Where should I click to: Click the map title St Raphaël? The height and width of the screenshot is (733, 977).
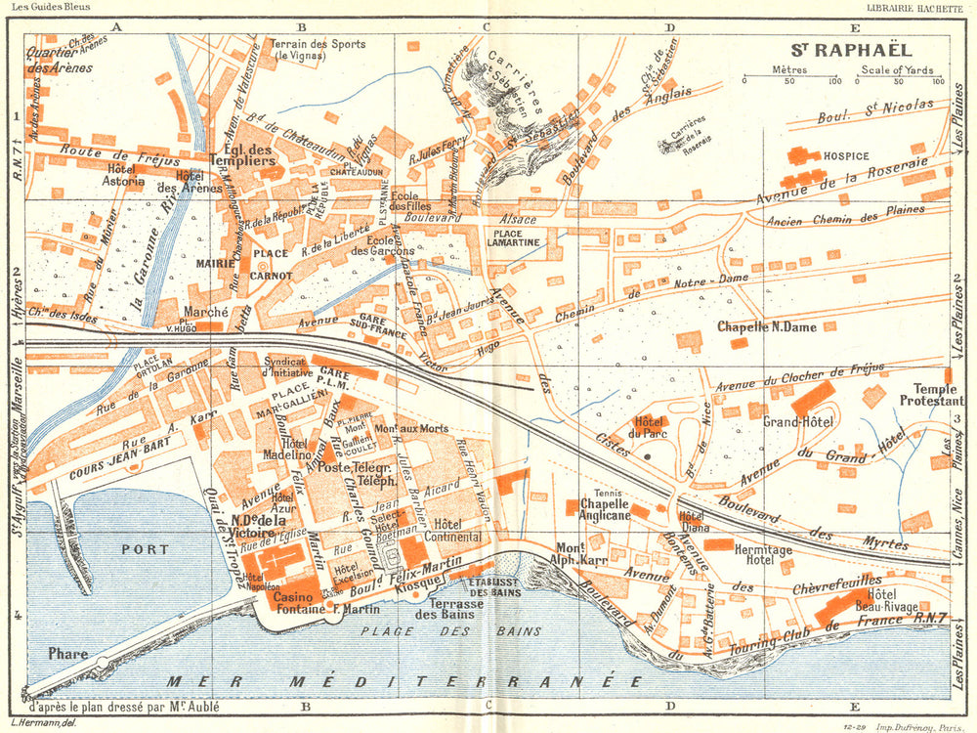coord(848,49)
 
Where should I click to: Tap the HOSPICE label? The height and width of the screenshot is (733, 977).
coord(846,155)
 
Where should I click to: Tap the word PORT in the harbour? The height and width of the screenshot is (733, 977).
coord(146,549)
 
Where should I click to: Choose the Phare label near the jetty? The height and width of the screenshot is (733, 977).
coord(67,654)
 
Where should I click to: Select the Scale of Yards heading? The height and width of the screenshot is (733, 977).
coord(896,69)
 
